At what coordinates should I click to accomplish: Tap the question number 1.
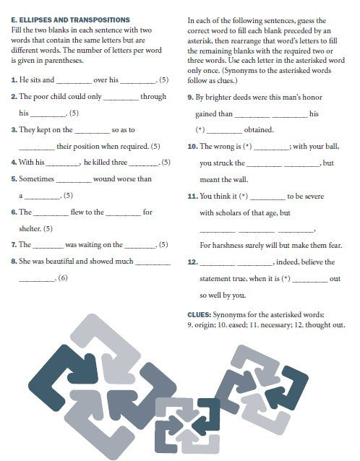pos(14,78)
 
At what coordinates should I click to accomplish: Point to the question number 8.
pos(14,262)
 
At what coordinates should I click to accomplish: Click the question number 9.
pos(189,96)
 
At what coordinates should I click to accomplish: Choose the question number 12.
pos(192,262)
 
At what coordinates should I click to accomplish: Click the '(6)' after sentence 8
pos(63,279)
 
